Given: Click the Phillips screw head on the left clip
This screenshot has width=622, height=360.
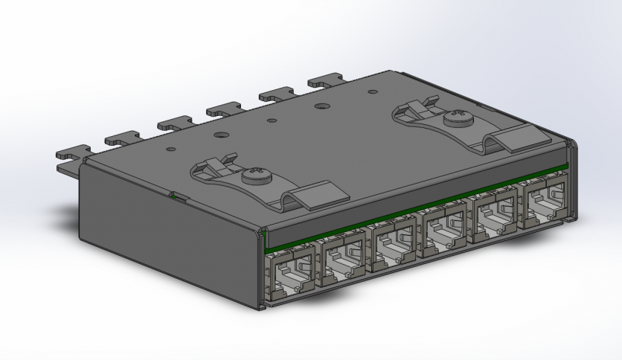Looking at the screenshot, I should coord(252,177).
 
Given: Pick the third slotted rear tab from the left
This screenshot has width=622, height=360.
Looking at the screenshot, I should coord(172,122).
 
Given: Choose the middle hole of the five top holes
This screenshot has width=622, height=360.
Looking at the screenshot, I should coord(272,120).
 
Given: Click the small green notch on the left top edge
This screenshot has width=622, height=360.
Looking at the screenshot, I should coord(177,196).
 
